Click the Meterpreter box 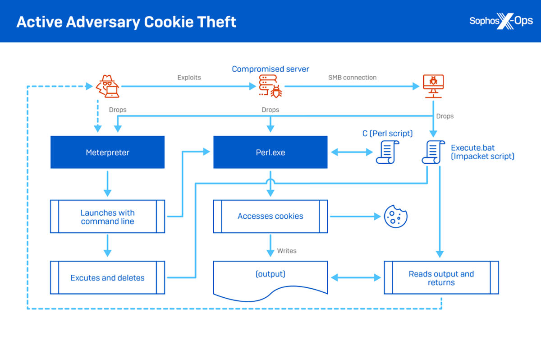point(107,152)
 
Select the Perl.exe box point(270,152)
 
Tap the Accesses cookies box point(270,217)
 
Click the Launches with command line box point(107,217)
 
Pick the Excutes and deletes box point(107,278)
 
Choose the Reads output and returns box point(441,278)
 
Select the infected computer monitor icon point(433,86)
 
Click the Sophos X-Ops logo point(500,21)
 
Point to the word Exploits point(189,78)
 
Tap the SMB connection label point(352,78)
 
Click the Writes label point(287,250)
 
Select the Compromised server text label point(270,69)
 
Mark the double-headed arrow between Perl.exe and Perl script point(352,152)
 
